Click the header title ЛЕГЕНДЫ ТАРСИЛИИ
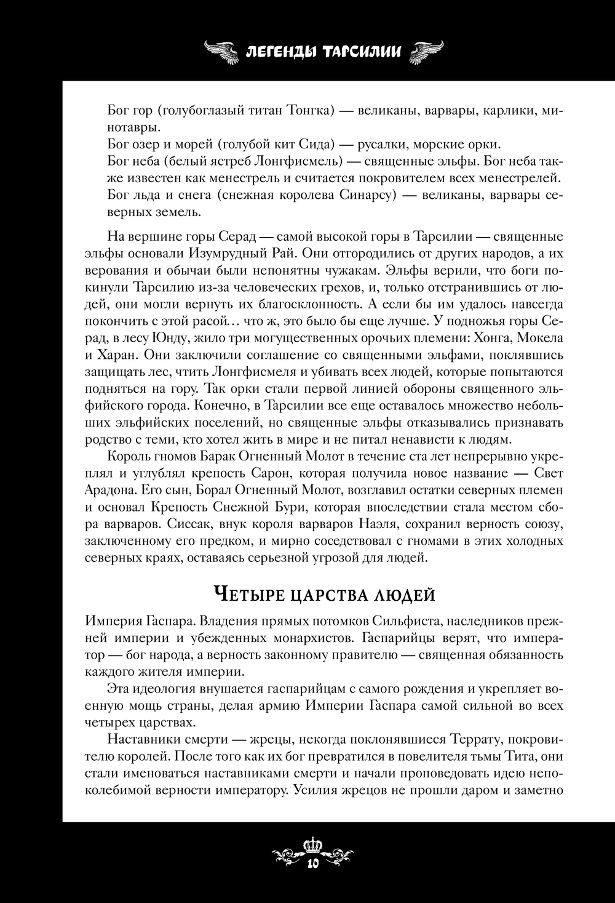pos(323,51)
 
